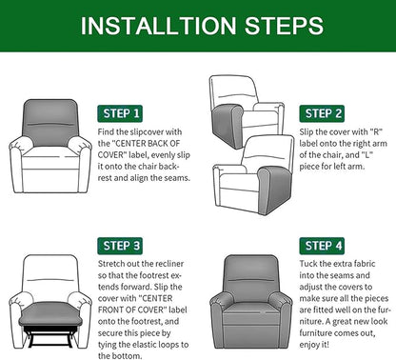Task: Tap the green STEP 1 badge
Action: click(x=123, y=113)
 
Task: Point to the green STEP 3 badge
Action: click(x=123, y=245)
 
